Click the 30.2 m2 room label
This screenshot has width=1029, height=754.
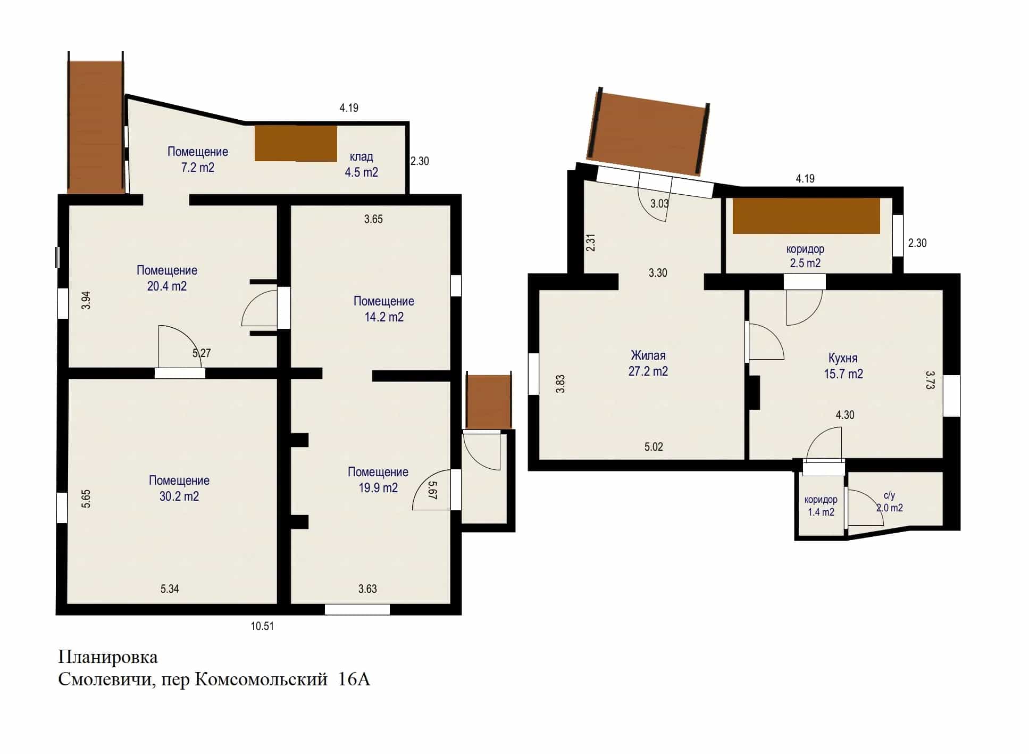point(179,488)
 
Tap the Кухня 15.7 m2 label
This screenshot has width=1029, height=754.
point(843,366)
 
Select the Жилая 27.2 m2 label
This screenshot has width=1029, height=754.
point(648,363)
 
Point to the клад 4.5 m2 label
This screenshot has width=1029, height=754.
point(362,164)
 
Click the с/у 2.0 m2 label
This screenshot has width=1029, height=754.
point(890,502)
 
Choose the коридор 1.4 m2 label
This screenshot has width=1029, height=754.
point(821,506)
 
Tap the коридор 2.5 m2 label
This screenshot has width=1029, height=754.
point(806,256)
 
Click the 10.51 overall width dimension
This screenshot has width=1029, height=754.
point(263,626)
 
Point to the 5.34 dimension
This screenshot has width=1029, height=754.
point(170,589)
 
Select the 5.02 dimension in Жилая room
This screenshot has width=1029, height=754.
point(654,447)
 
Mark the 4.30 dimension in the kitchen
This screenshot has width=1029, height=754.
point(845,415)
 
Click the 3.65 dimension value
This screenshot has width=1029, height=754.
point(373,219)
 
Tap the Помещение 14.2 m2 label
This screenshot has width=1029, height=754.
point(384,309)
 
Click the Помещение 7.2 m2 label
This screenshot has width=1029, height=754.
point(198,160)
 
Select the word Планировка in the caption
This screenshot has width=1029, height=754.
point(108,658)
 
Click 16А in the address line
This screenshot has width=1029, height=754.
point(354,680)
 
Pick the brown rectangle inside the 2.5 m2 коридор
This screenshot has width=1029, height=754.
point(806,216)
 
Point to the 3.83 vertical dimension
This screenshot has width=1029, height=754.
point(560,384)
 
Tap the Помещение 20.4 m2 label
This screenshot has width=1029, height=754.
point(167,278)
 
